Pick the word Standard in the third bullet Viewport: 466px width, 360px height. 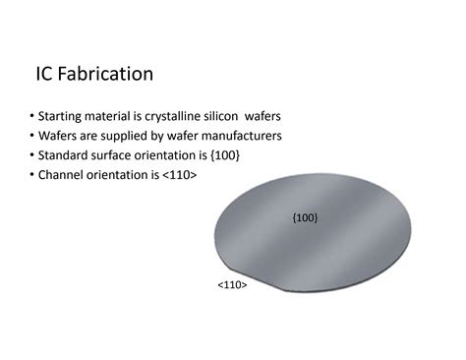(x=65, y=156)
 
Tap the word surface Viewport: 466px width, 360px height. (x=118, y=156)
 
